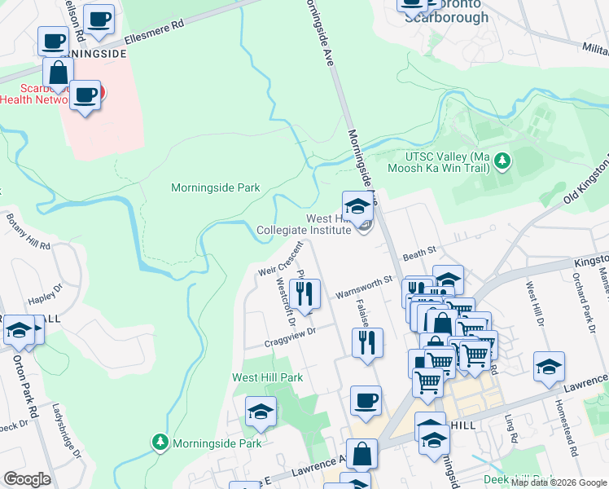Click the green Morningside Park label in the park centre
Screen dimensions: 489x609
click(x=215, y=187)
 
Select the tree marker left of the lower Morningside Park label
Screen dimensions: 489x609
click(x=160, y=443)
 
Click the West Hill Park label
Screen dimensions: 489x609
click(x=267, y=377)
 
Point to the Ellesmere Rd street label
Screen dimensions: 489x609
click(x=155, y=37)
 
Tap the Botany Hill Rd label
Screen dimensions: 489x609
click(x=29, y=231)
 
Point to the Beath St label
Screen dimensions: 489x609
click(x=420, y=255)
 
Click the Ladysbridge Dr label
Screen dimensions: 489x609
click(x=67, y=430)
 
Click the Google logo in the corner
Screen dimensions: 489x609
click(x=27, y=479)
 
